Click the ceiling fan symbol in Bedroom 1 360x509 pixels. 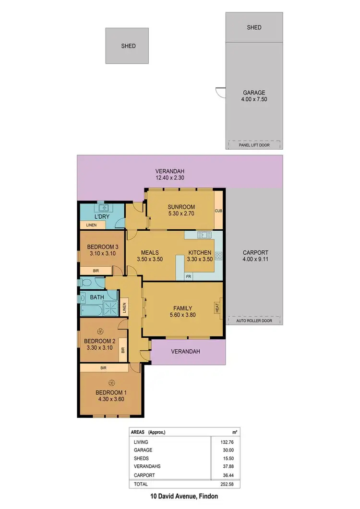point(111,382)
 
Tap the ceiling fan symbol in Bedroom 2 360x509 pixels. point(100,331)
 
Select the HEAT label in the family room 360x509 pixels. point(217,307)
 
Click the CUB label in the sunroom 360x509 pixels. point(218,211)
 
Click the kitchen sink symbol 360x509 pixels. point(204,235)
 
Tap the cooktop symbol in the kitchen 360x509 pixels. point(218,256)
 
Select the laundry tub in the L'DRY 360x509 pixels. point(103,208)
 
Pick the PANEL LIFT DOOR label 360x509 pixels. point(254,144)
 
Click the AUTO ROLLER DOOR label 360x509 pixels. point(254,320)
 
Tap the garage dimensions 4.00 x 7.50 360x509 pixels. point(254,100)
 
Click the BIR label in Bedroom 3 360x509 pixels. point(96,271)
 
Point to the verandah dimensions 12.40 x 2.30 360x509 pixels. point(169,178)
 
